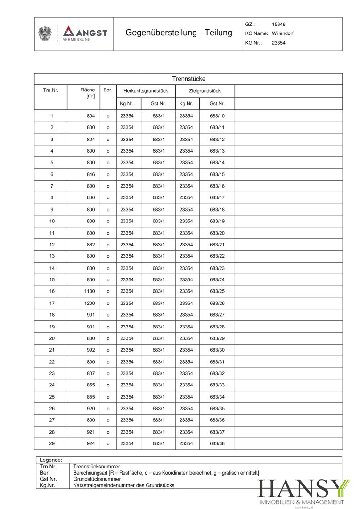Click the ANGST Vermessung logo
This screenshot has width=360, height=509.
click(x=85, y=33)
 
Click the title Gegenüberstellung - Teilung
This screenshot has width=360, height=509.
click(x=179, y=33)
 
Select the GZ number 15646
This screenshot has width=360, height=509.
click(x=278, y=24)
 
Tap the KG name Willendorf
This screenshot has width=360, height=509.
click(x=282, y=33)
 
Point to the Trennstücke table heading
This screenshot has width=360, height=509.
click(x=188, y=79)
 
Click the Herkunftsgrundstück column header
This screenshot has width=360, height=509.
click(x=146, y=91)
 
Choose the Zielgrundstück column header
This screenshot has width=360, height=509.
click(x=205, y=91)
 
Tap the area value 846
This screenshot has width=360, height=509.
click(x=90, y=174)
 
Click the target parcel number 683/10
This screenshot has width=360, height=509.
click(x=217, y=116)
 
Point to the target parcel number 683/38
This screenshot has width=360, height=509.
click(x=217, y=443)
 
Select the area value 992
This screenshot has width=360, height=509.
click(x=90, y=350)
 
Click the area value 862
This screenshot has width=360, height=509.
click(x=90, y=245)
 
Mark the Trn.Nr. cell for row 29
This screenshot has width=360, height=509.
click(x=52, y=443)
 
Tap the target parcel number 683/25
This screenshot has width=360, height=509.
click(x=217, y=291)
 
